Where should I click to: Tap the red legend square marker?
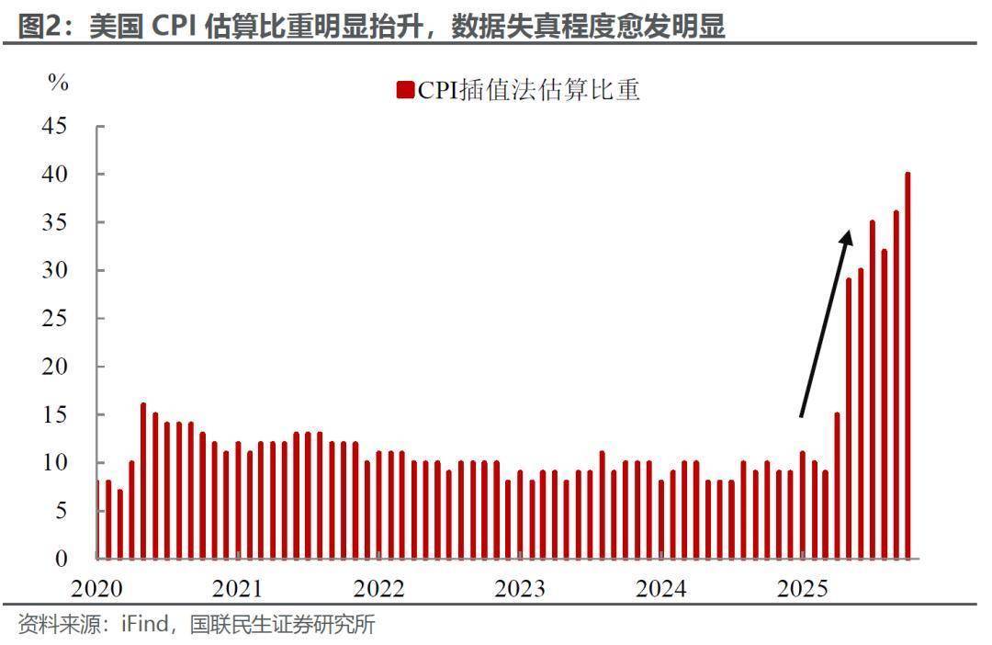[405, 89]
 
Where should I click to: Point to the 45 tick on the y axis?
[54, 126]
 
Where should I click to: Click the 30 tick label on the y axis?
[54, 270]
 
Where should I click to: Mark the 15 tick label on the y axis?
[54, 414]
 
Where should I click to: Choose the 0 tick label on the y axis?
[61, 559]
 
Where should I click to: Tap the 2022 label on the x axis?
[379, 588]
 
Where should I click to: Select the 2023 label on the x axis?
[520, 588]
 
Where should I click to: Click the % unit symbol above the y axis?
[58, 83]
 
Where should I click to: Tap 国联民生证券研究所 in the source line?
[282, 626]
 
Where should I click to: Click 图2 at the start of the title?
[39, 28]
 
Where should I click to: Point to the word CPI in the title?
[169, 28]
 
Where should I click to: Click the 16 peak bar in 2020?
[143, 481]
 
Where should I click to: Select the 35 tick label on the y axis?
[54, 222]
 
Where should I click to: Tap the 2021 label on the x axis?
[237, 588]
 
